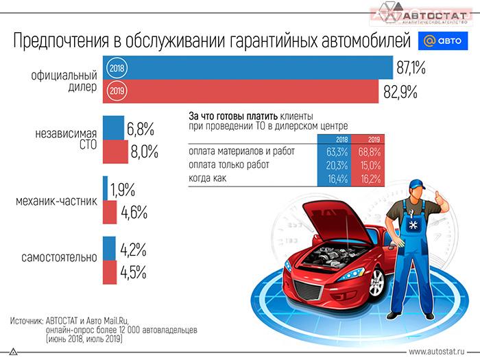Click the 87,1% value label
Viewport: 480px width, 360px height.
[411, 68]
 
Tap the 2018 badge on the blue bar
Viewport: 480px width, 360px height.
[117, 68]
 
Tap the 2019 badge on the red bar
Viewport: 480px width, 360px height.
[117, 91]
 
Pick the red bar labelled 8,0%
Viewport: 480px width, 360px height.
[115, 151]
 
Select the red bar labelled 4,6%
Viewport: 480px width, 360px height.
[110, 212]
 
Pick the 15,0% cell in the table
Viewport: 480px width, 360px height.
[371, 165]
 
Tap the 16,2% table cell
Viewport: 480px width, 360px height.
[371, 178]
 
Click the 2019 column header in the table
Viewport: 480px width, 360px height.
[371, 139]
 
